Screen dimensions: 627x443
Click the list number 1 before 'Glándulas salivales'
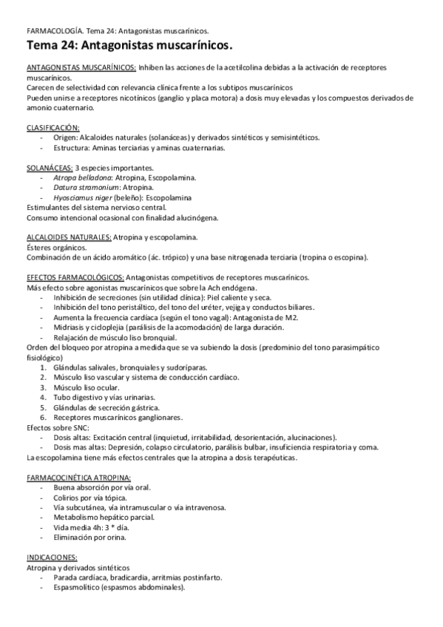[x=44, y=367]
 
